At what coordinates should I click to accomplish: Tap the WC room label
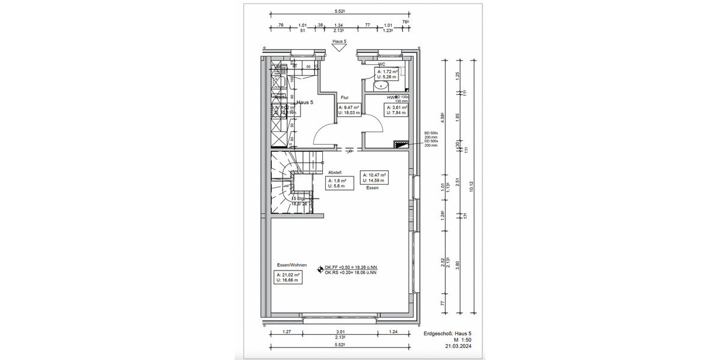click(382, 64)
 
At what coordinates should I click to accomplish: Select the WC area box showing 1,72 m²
click(387, 74)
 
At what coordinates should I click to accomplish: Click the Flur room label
click(344, 97)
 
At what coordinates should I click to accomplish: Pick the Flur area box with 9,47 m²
click(350, 109)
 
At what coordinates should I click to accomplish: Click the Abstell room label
click(334, 172)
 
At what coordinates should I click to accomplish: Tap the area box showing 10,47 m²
click(373, 177)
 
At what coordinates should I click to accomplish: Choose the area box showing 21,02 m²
click(288, 277)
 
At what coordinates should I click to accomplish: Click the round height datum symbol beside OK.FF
click(320, 269)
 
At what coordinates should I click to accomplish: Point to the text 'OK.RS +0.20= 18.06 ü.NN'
click(350, 272)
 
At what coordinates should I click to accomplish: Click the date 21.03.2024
click(458, 347)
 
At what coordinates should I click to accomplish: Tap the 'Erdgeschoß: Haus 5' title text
click(448, 334)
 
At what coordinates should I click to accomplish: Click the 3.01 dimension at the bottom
click(340, 331)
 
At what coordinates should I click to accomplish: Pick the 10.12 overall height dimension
click(472, 186)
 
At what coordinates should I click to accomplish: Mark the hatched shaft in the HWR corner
click(400, 144)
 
